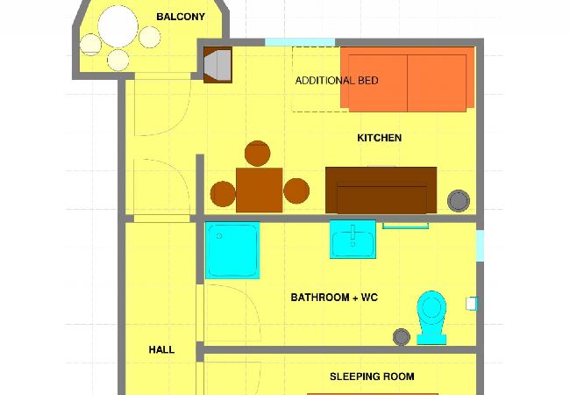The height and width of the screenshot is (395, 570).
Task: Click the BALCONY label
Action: click(x=180, y=17)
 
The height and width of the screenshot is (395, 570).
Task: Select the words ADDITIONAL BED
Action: click(x=337, y=81)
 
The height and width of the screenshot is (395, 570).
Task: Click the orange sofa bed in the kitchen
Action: click(x=407, y=79)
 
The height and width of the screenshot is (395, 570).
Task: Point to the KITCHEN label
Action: click(x=379, y=138)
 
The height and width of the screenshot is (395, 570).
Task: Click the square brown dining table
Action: click(x=259, y=189)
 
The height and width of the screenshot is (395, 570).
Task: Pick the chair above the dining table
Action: click(x=257, y=154)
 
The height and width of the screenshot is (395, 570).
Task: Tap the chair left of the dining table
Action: click(x=223, y=192)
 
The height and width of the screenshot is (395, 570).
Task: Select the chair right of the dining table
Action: click(x=297, y=190)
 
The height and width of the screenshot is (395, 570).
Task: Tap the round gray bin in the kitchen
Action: click(x=458, y=200)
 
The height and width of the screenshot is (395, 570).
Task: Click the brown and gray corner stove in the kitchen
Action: click(x=217, y=65)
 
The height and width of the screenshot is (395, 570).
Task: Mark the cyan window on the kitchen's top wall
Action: click(x=299, y=41)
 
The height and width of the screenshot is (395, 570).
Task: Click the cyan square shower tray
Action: click(x=232, y=249)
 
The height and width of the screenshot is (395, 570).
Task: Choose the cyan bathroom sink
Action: click(x=353, y=239)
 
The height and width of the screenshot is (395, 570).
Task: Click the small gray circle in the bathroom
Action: click(x=403, y=335)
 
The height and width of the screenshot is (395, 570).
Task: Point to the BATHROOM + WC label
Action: click(x=334, y=298)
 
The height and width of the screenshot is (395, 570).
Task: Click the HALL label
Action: click(x=161, y=349)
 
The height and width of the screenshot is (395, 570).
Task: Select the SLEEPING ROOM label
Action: click(x=372, y=377)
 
